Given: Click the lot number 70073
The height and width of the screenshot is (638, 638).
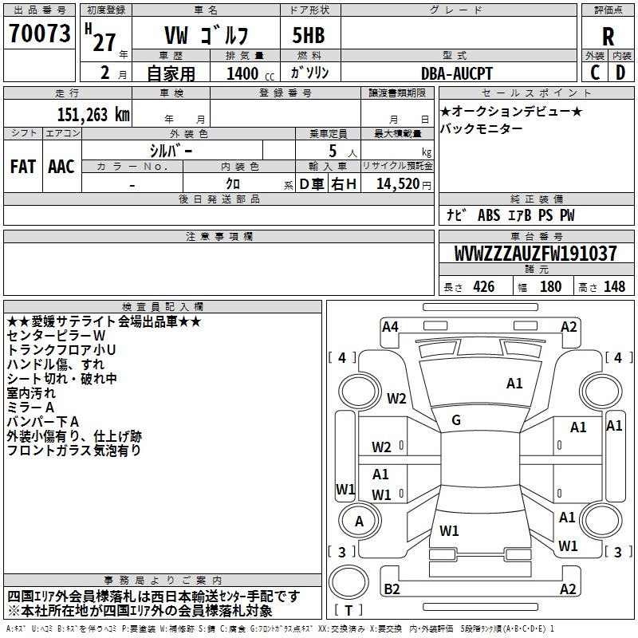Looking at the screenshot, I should click(x=40, y=35).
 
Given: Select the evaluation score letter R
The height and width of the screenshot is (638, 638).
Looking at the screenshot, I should click(x=608, y=36).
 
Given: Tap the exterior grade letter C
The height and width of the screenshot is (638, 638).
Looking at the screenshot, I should click(x=595, y=72).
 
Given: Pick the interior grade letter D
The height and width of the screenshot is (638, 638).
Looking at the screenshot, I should click(x=620, y=72).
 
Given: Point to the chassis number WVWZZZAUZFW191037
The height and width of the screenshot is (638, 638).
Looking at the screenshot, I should click(x=535, y=254).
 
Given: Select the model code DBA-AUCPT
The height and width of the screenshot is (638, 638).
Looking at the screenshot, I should click(x=457, y=73).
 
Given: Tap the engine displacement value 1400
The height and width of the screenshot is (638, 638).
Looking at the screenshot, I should click(x=242, y=73).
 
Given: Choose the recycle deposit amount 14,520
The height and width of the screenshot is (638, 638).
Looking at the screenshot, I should click(x=397, y=183).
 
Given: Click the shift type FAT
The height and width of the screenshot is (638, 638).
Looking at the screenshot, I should click(x=22, y=166).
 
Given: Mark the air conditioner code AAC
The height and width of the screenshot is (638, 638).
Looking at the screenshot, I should click(x=61, y=166).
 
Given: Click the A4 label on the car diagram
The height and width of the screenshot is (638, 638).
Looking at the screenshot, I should click(x=390, y=325).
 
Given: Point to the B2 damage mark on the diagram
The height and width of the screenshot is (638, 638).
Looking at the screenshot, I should click(x=392, y=589).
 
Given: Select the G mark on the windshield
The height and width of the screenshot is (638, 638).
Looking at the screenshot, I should click(x=456, y=419).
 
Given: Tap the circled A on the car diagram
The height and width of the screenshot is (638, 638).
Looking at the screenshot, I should click(x=360, y=521).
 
